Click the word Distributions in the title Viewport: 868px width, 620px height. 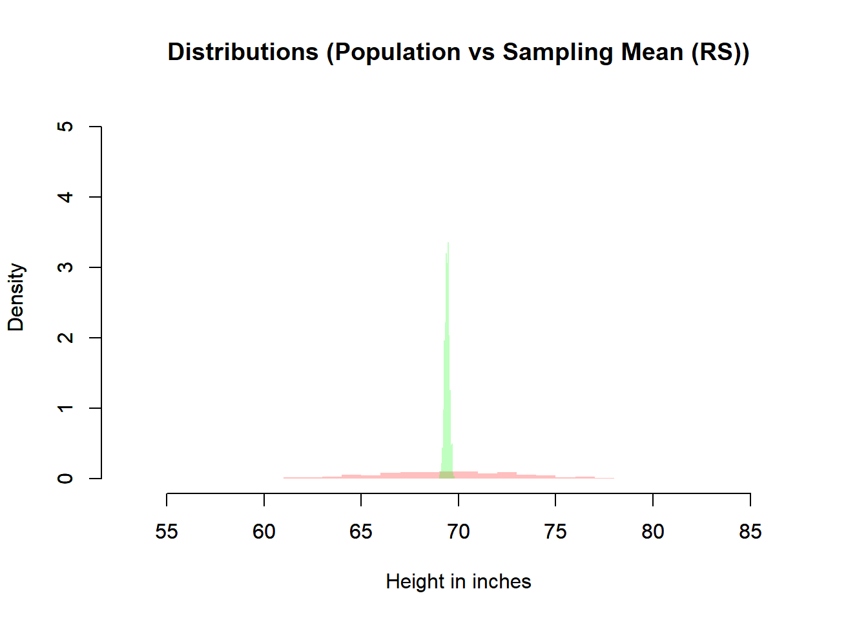click(243, 52)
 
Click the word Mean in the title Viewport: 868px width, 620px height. click(652, 52)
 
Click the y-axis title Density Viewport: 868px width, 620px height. click(15, 297)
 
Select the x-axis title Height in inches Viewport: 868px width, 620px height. click(459, 582)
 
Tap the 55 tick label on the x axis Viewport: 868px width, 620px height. click(167, 532)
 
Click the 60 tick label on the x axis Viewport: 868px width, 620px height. click(263, 532)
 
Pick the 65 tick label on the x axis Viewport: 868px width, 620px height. click(361, 532)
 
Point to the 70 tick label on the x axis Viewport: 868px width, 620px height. click(459, 532)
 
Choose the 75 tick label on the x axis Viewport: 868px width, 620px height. click(555, 532)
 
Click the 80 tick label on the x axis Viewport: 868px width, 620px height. click(653, 532)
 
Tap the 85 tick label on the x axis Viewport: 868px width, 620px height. click(750, 532)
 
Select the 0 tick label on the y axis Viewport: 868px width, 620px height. click(65, 479)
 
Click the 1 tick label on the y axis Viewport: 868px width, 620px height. click(65, 408)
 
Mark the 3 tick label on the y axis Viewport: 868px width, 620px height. click(65, 267)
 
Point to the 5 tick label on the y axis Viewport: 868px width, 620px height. click(65, 127)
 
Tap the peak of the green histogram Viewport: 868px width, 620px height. click(448, 244)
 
